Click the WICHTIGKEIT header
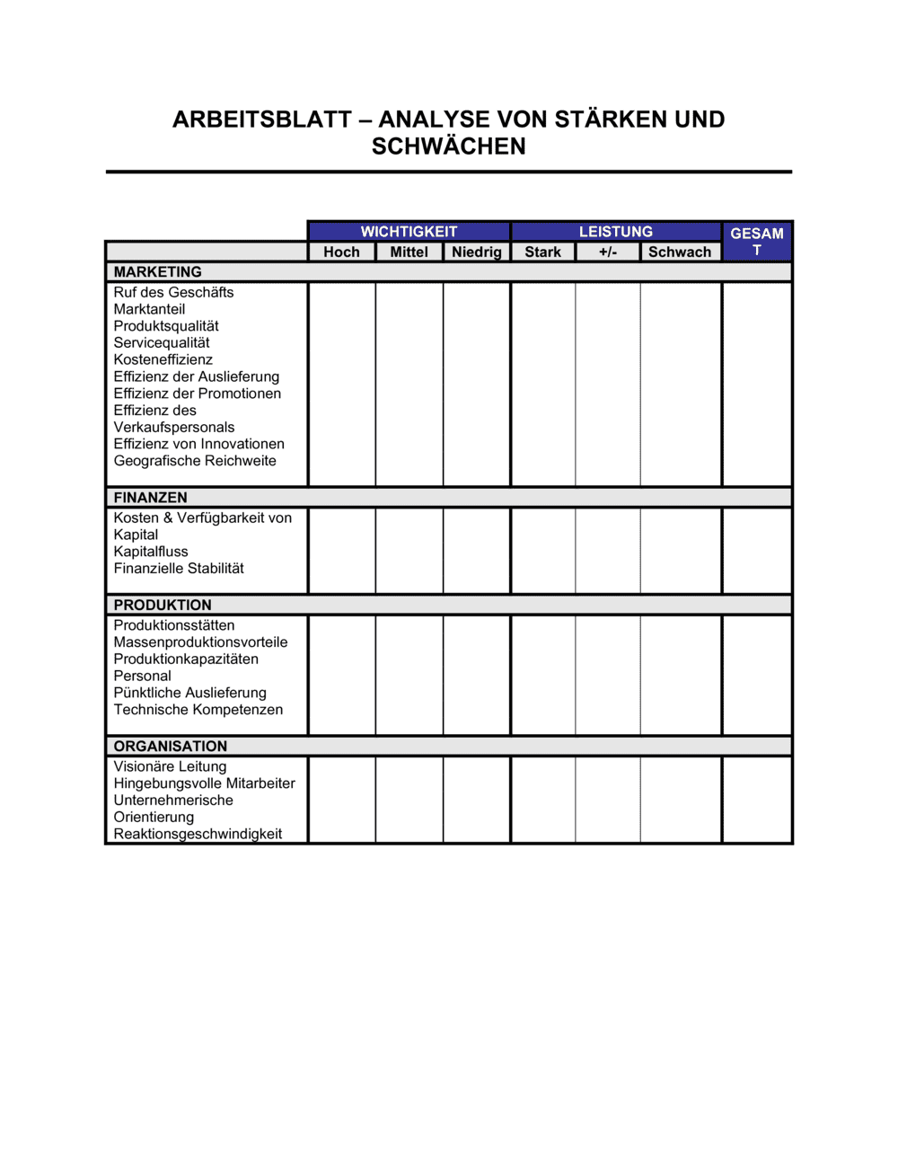[x=409, y=232]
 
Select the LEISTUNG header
[x=615, y=232]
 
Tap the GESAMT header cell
[x=756, y=241]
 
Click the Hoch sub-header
[x=341, y=252]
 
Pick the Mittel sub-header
[x=409, y=252]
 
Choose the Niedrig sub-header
[x=476, y=252]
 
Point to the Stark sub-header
[x=542, y=252]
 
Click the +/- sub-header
[x=608, y=252]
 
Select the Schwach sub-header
[x=680, y=252]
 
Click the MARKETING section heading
[x=158, y=272]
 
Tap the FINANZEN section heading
[x=151, y=498]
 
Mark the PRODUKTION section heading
[x=163, y=606]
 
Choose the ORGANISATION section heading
[x=171, y=747]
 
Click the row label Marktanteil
[x=149, y=309]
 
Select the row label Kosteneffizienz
[x=163, y=359]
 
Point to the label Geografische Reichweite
[x=195, y=461]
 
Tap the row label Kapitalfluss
[x=151, y=552]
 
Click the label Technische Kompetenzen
[x=198, y=710]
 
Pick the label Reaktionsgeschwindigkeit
[x=198, y=834]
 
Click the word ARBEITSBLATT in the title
[x=262, y=119]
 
